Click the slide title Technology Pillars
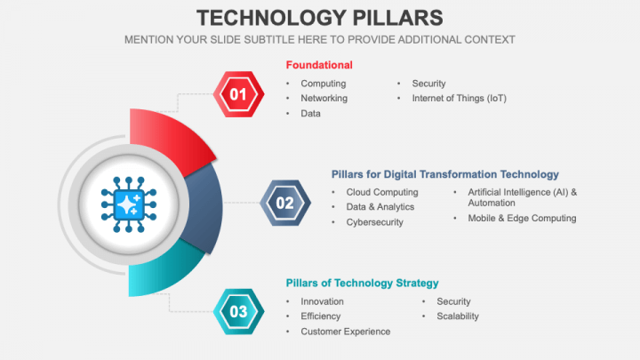[319, 18]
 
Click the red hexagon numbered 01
[238, 93]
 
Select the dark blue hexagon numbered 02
[284, 203]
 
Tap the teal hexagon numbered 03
[238, 311]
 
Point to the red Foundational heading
[319, 65]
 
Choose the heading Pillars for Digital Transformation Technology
[445, 174]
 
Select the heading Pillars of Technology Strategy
[362, 283]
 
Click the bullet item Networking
[324, 98]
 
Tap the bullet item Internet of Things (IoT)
[459, 98]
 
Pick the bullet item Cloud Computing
[381, 192]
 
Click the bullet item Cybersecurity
[374, 222]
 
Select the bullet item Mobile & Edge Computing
[522, 218]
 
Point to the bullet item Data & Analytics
[380, 207]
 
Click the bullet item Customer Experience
[345, 332]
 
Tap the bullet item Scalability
[458, 316]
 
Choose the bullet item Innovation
[322, 301]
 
